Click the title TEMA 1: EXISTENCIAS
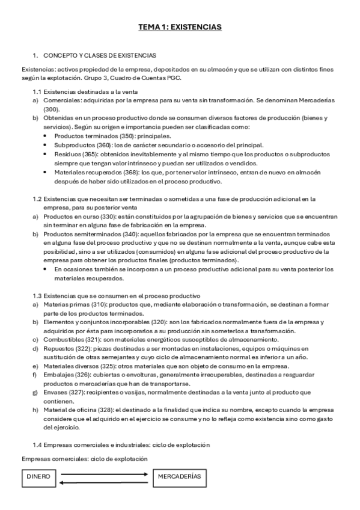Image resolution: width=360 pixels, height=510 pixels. pyautogui.click(x=180, y=27)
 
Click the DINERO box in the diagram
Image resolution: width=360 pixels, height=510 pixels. pyautogui.click(x=37, y=476)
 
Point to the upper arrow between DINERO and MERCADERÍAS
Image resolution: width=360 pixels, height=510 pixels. pyautogui.click(x=106, y=473)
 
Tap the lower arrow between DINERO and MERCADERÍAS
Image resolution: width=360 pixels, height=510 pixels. pyautogui.click(x=106, y=481)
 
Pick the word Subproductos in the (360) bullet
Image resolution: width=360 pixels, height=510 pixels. pyautogui.click(x=73, y=145)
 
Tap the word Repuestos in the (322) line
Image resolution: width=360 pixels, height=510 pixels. pyautogui.click(x=58, y=348)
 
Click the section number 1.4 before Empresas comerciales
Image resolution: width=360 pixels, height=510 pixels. pyautogui.click(x=38, y=445)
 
